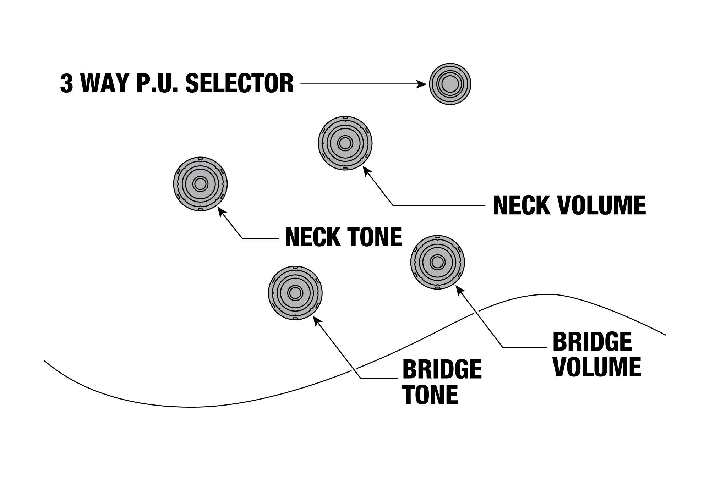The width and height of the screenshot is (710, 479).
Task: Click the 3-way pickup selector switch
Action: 450,84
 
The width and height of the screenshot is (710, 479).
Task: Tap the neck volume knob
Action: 345,143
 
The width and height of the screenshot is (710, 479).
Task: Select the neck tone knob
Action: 200,184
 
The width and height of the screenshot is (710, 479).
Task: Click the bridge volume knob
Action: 437,262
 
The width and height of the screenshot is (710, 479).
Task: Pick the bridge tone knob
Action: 295,293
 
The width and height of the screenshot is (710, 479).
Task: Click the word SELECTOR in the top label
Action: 240,84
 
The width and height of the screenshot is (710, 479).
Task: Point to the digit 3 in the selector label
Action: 66,84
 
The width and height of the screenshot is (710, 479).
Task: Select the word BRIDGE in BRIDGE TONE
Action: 442,369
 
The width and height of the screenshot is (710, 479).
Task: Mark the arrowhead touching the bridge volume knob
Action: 459,290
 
